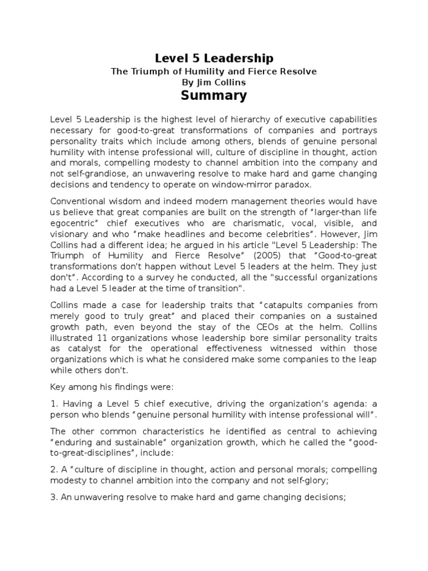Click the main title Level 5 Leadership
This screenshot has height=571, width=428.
[213, 58]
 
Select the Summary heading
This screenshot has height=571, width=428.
[213, 95]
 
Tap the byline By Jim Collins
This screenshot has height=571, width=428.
[213, 82]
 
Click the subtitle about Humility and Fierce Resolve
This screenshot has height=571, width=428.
[213, 71]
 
